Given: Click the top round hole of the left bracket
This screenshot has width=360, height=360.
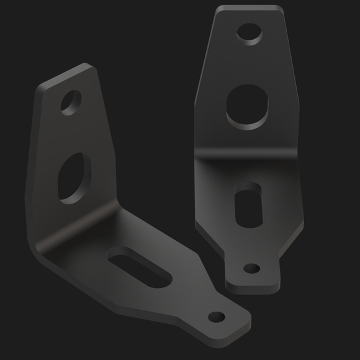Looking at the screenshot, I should [71, 102].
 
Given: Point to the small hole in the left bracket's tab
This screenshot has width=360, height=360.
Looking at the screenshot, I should [217, 317].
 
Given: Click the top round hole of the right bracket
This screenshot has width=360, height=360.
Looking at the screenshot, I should [249, 34].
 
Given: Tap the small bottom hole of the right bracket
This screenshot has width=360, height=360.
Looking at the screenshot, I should [251, 268].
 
